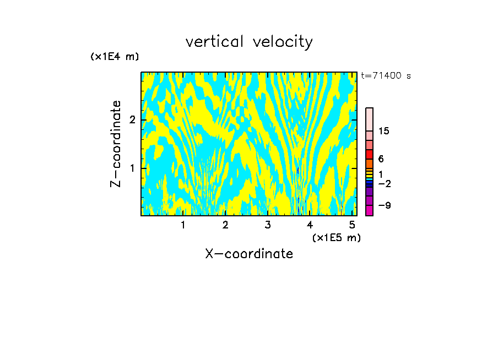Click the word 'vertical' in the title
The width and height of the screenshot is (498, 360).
(212, 42)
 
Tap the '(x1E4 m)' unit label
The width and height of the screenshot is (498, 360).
(115, 57)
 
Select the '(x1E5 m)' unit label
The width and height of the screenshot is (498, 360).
(336, 237)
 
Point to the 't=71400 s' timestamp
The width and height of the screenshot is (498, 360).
(386, 76)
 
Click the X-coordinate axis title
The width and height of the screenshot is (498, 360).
(249, 254)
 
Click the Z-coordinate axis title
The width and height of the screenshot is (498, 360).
(116, 144)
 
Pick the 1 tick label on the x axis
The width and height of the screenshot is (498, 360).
(183, 225)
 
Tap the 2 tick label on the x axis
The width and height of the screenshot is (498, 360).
(225, 225)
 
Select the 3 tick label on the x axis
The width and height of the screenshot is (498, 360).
(267, 225)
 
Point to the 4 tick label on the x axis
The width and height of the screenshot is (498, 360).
(310, 225)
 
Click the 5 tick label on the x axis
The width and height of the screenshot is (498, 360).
(352, 225)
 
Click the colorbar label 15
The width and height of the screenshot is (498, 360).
(384, 131)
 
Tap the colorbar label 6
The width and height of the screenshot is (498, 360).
(381, 159)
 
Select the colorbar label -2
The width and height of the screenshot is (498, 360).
(384, 183)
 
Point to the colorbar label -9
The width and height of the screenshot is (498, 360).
(384, 205)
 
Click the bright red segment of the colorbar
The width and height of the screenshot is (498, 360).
(369, 154)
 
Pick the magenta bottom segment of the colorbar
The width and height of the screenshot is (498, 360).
(369, 210)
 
